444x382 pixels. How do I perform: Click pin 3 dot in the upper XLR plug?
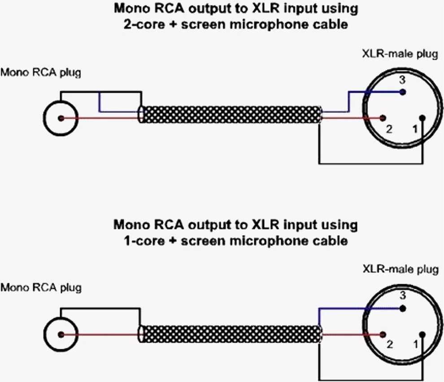[x=403, y=92]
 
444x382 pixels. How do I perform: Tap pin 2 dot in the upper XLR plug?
[x=382, y=118]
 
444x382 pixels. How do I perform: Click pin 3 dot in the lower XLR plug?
[x=403, y=308]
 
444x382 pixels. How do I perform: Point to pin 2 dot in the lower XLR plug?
[x=382, y=334]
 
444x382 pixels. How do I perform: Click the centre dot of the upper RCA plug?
[x=61, y=118]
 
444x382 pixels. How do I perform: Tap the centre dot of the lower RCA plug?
[x=61, y=334]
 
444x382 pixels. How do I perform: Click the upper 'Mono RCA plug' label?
[x=41, y=73]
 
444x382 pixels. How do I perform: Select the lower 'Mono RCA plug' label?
[x=41, y=287]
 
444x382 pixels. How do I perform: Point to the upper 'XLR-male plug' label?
[x=400, y=55]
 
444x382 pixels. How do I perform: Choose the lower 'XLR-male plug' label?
[x=400, y=269]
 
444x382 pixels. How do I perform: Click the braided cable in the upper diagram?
[x=231, y=115]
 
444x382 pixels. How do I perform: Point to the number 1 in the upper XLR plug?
[x=415, y=130]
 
